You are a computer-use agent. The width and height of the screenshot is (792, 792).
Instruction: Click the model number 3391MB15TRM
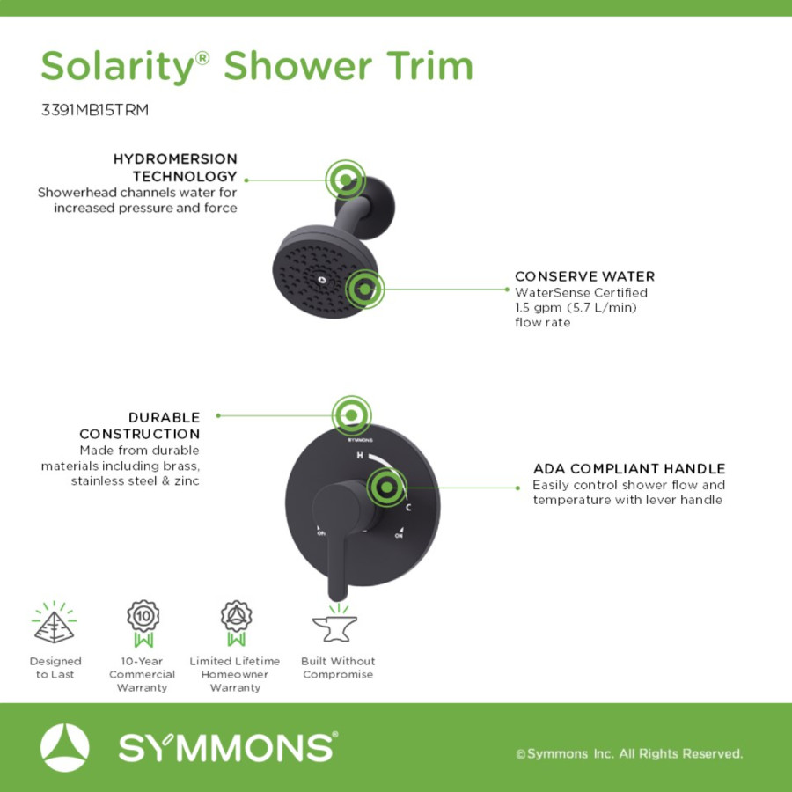click(x=95, y=110)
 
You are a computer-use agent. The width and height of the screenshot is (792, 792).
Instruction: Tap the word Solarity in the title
click(x=118, y=67)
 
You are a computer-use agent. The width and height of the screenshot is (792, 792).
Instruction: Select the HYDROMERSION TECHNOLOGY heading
click(x=175, y=167)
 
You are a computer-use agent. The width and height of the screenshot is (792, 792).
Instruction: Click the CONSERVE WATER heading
click(x=585, y=276)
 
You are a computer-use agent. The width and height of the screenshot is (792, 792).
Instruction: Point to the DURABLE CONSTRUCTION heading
click(x=139, y=425)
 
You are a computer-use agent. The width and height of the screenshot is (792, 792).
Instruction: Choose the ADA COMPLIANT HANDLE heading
click(x=629, y=468)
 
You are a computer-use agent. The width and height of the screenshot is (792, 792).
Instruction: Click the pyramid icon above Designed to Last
click(x=54, y=622)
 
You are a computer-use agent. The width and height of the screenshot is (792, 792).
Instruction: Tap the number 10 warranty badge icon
click(x=143, y=623)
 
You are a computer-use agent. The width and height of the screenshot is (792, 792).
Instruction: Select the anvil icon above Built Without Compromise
click(x=335, y=623)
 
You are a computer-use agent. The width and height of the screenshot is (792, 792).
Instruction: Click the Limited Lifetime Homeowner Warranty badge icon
click(x=237, y=623)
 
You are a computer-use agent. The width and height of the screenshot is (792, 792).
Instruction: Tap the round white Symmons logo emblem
click(x=64, y=747)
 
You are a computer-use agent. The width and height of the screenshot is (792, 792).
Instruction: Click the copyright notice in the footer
click(x=629, y=753)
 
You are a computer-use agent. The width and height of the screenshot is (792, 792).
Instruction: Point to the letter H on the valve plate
click(x=360, y=456)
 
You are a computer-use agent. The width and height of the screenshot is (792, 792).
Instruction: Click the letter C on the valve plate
click(x=408, y=507)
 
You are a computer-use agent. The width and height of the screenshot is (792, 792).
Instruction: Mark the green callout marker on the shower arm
click(x=346, y=180)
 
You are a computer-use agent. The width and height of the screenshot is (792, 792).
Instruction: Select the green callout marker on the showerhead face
click(x=364, y=290)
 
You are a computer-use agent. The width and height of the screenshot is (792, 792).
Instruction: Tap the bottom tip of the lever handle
click(x=337, y=599)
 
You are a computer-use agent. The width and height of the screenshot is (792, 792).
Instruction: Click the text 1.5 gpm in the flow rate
click(x=538, y=308)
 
